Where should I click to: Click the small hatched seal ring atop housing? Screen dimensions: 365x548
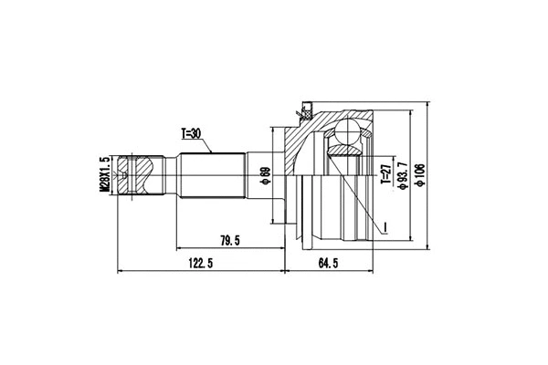(x=300, y=112)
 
